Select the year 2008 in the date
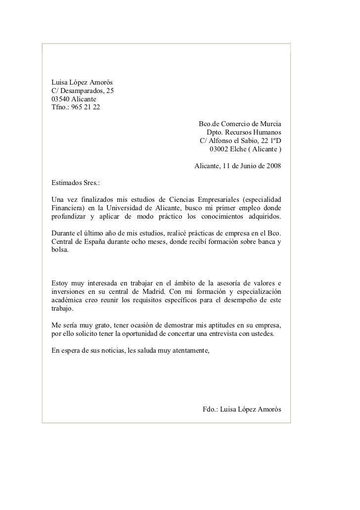coord(272,167)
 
